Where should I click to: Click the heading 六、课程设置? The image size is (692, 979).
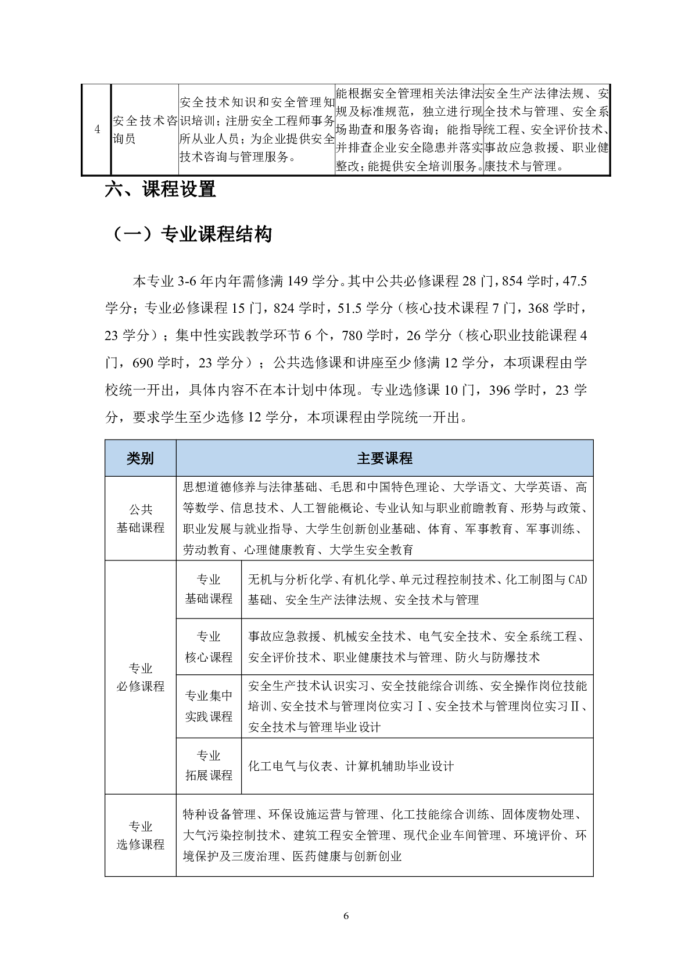pos(160,190)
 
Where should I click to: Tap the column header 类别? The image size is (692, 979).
pos(140,458)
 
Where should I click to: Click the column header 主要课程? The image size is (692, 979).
pos(384,458)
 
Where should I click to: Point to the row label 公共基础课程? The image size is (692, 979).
pos(140,519)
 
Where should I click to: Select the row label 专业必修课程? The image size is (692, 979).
pos(140,677)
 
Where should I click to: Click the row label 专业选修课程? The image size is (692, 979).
pos(140,835)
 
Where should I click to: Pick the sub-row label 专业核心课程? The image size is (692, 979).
pos(209,647)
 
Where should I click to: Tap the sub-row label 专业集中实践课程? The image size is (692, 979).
pos(209,706)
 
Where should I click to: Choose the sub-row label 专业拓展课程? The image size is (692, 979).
pos(209,766)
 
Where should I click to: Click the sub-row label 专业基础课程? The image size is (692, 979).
pos(209,589)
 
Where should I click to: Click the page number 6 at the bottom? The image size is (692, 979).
pos(346,917)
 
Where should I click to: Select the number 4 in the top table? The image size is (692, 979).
pos(96,129)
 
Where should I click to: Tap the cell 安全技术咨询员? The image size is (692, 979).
pos(145,130)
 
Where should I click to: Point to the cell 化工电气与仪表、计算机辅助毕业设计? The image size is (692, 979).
pos(351,766)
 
